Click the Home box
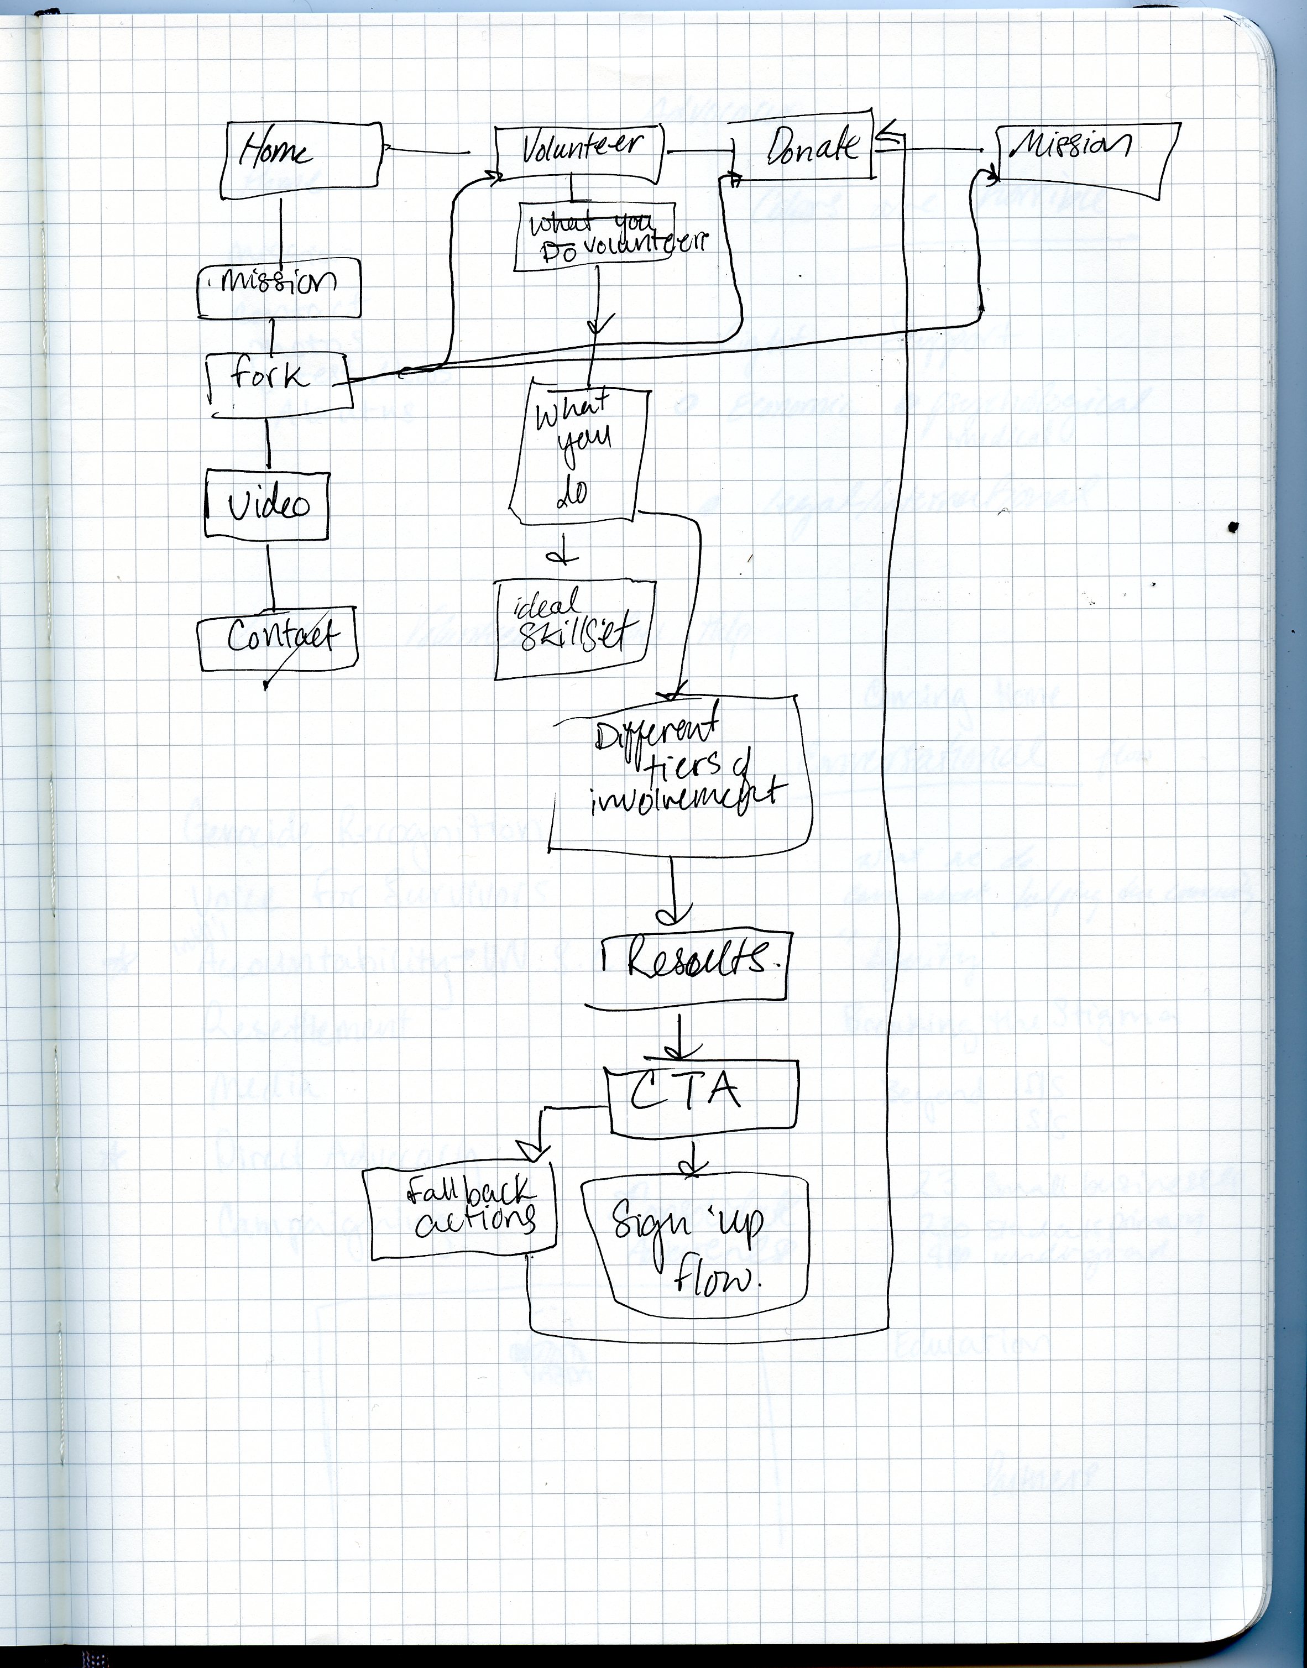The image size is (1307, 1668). click(x=300, y=157)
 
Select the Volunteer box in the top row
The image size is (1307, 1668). click(x=579, y=152)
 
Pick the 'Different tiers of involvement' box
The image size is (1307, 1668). click(x=679, y=773)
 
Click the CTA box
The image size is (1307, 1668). click(x=702, y=1094)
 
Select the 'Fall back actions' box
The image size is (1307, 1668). click(x=463, y=1214)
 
